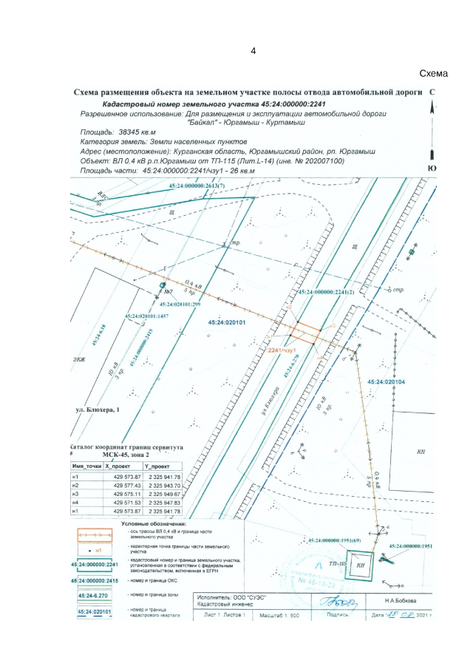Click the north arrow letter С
pos(432,92)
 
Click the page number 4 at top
pos(253,51)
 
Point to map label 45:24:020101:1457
pos(148,316)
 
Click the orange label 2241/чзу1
pos(282,348)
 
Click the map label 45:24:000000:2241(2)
pos(327,293)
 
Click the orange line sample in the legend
pos(95,532)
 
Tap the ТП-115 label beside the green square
pos(338,563)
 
